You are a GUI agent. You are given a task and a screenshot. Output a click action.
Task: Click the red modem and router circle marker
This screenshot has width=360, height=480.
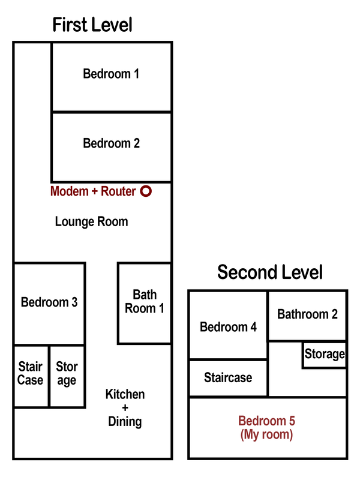click(146, 191)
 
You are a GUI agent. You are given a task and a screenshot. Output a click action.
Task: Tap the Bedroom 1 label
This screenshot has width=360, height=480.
click(111, 74)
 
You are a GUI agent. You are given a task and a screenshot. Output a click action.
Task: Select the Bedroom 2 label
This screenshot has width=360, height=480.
click(111, 143)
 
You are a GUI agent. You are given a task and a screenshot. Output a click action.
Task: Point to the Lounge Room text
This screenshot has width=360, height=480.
click(91, 221)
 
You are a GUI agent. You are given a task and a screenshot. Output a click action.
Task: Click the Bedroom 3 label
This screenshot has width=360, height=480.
click(49, 302)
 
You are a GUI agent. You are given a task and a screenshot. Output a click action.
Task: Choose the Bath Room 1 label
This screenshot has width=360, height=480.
click(145, 301)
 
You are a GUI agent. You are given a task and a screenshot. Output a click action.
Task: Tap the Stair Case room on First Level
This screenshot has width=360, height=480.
click(31, 373)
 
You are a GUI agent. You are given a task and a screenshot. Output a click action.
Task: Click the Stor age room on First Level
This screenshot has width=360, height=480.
click(67, 373)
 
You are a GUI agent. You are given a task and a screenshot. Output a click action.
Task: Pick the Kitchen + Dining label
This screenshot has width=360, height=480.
click(125, 408)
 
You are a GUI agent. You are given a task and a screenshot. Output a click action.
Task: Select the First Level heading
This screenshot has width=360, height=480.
click(92, 25)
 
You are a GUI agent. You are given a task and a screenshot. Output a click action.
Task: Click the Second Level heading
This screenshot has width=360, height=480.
click(270, 272)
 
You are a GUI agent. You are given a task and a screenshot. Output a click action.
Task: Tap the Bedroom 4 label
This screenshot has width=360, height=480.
click(228, 327)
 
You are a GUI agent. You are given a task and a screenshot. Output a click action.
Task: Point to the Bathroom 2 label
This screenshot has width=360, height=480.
click(307, 314)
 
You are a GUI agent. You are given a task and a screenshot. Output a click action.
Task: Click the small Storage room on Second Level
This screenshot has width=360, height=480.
click(325, 355)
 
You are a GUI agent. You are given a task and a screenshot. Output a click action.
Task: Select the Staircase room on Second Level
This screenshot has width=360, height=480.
click(228, 378)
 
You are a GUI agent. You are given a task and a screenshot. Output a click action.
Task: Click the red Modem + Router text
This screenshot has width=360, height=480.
click(93, 191)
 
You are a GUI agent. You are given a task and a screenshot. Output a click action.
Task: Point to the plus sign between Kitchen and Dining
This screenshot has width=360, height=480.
click(125, 408)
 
